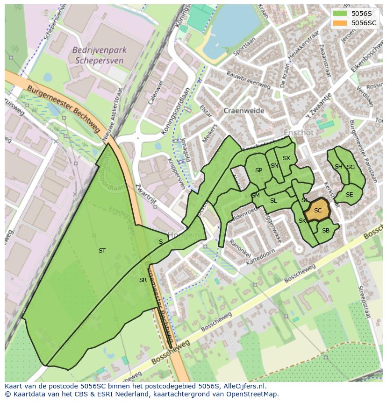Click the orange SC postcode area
point(318,210)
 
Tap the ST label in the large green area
point(102,251)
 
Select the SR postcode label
point(143,280)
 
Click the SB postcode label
point(326,231)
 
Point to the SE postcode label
point(349,195)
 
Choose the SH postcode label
point(338,167)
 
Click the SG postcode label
point(351,167)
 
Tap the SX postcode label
point(287,158)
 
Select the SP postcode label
point(258,170)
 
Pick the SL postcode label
point(273,201)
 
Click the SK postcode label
point(302,221)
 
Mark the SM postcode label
point(255,196)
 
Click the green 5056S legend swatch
point(340,13)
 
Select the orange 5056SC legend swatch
point(340,22)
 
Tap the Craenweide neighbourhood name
point(244,111)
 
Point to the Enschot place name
point(299,133)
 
